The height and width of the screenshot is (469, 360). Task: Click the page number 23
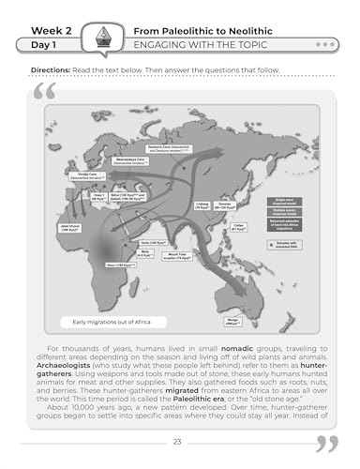tap(180, 442)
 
